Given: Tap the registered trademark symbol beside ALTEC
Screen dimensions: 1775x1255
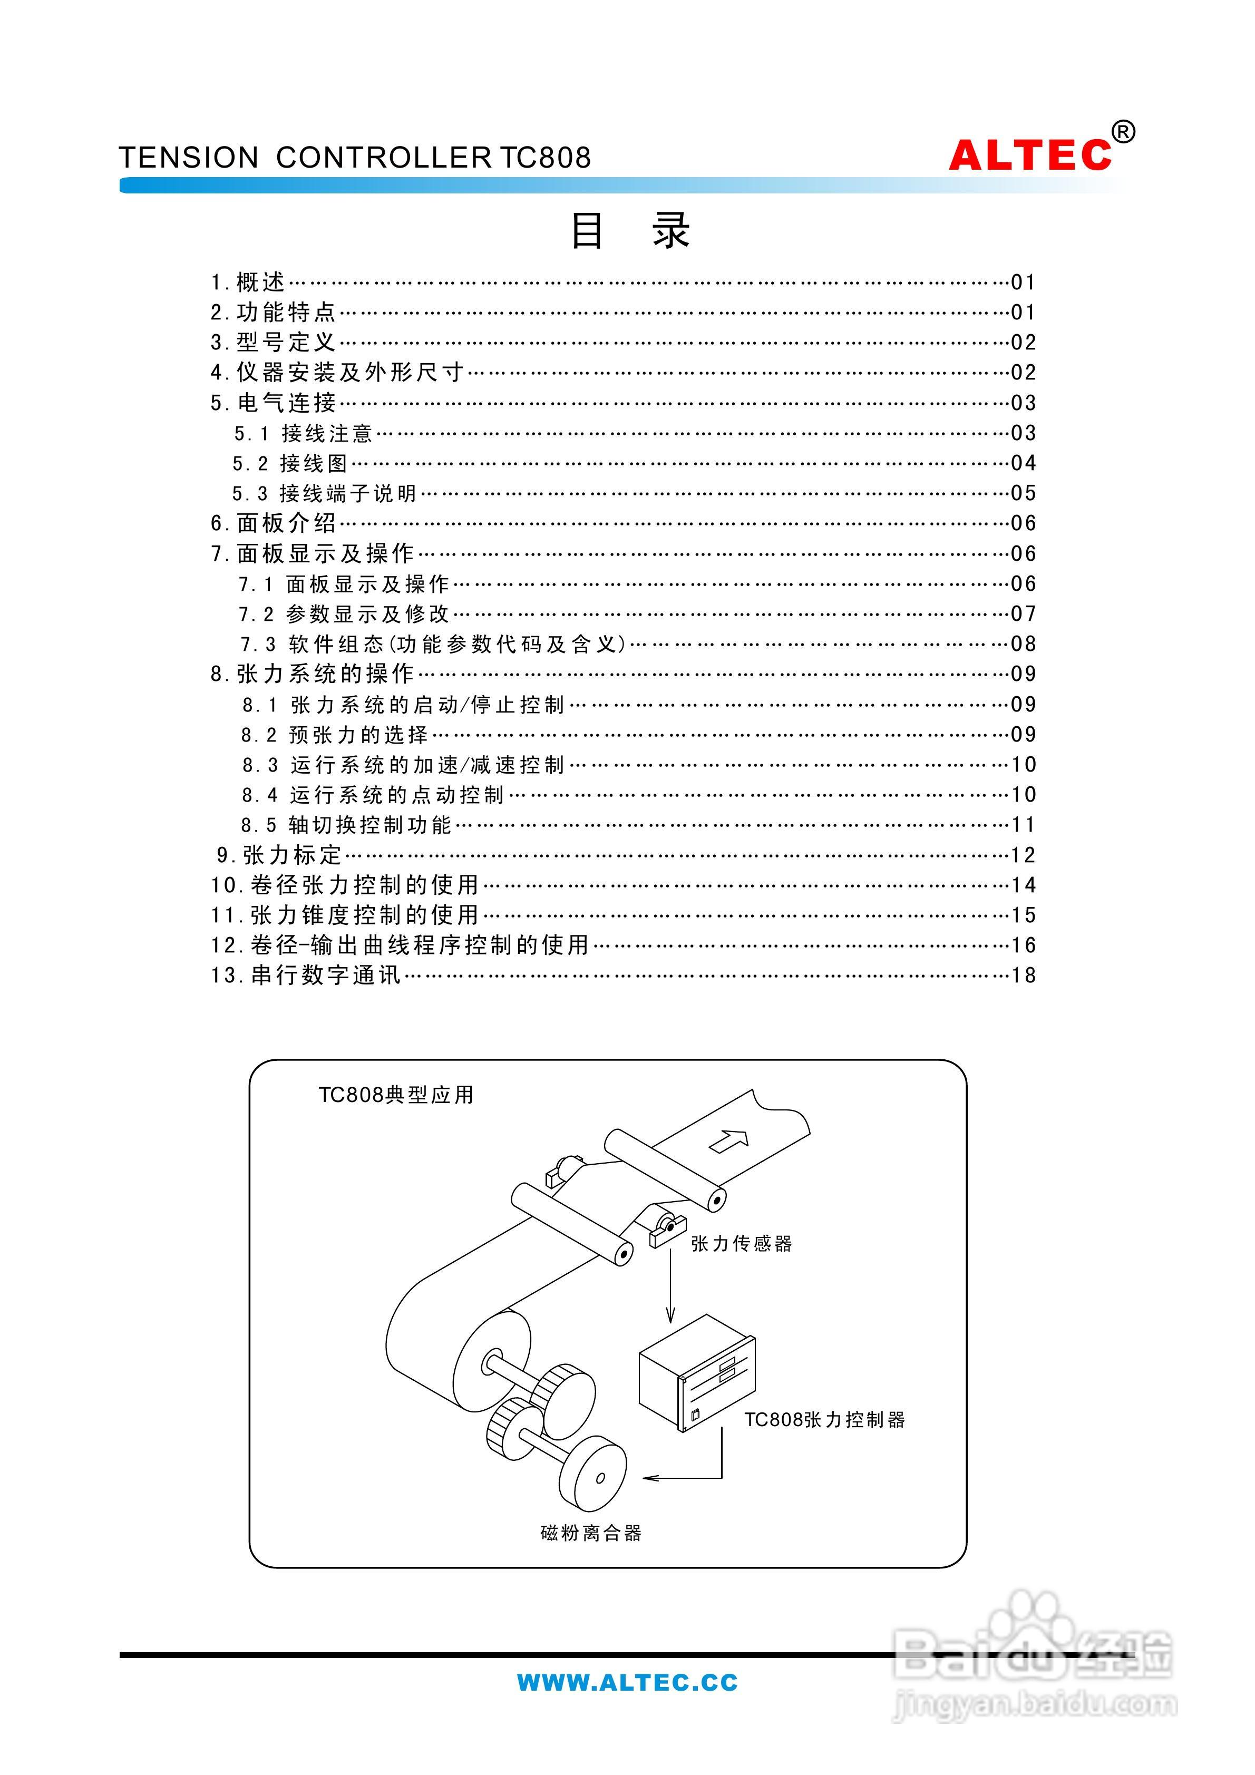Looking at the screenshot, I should (x=1124, y=132).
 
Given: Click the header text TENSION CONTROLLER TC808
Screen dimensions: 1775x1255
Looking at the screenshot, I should (x=355, y=158).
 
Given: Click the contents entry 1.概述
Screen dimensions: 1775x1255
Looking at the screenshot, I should (x=247, y=282).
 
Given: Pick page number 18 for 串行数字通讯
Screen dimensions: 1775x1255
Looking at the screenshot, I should (x=1024, y=975).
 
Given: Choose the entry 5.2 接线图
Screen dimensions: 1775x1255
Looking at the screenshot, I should (x=290, y=463).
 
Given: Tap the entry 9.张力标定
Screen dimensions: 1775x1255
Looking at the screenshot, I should (x=278, y=854).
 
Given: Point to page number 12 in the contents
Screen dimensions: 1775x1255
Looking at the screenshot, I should (x=1024, y=854).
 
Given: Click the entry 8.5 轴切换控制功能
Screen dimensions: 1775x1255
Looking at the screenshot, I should (x=346, y=825).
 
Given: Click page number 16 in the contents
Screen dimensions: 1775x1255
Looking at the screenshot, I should (x=1024, y=945).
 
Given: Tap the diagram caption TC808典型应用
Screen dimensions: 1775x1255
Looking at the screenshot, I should (x=396, y=1095).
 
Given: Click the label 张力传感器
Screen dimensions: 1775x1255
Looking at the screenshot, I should (x=741, y=1243).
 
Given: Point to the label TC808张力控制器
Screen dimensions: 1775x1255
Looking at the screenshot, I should (x=824, y=1419).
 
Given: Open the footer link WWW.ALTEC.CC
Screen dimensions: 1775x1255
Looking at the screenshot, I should (x=627, y=1683).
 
